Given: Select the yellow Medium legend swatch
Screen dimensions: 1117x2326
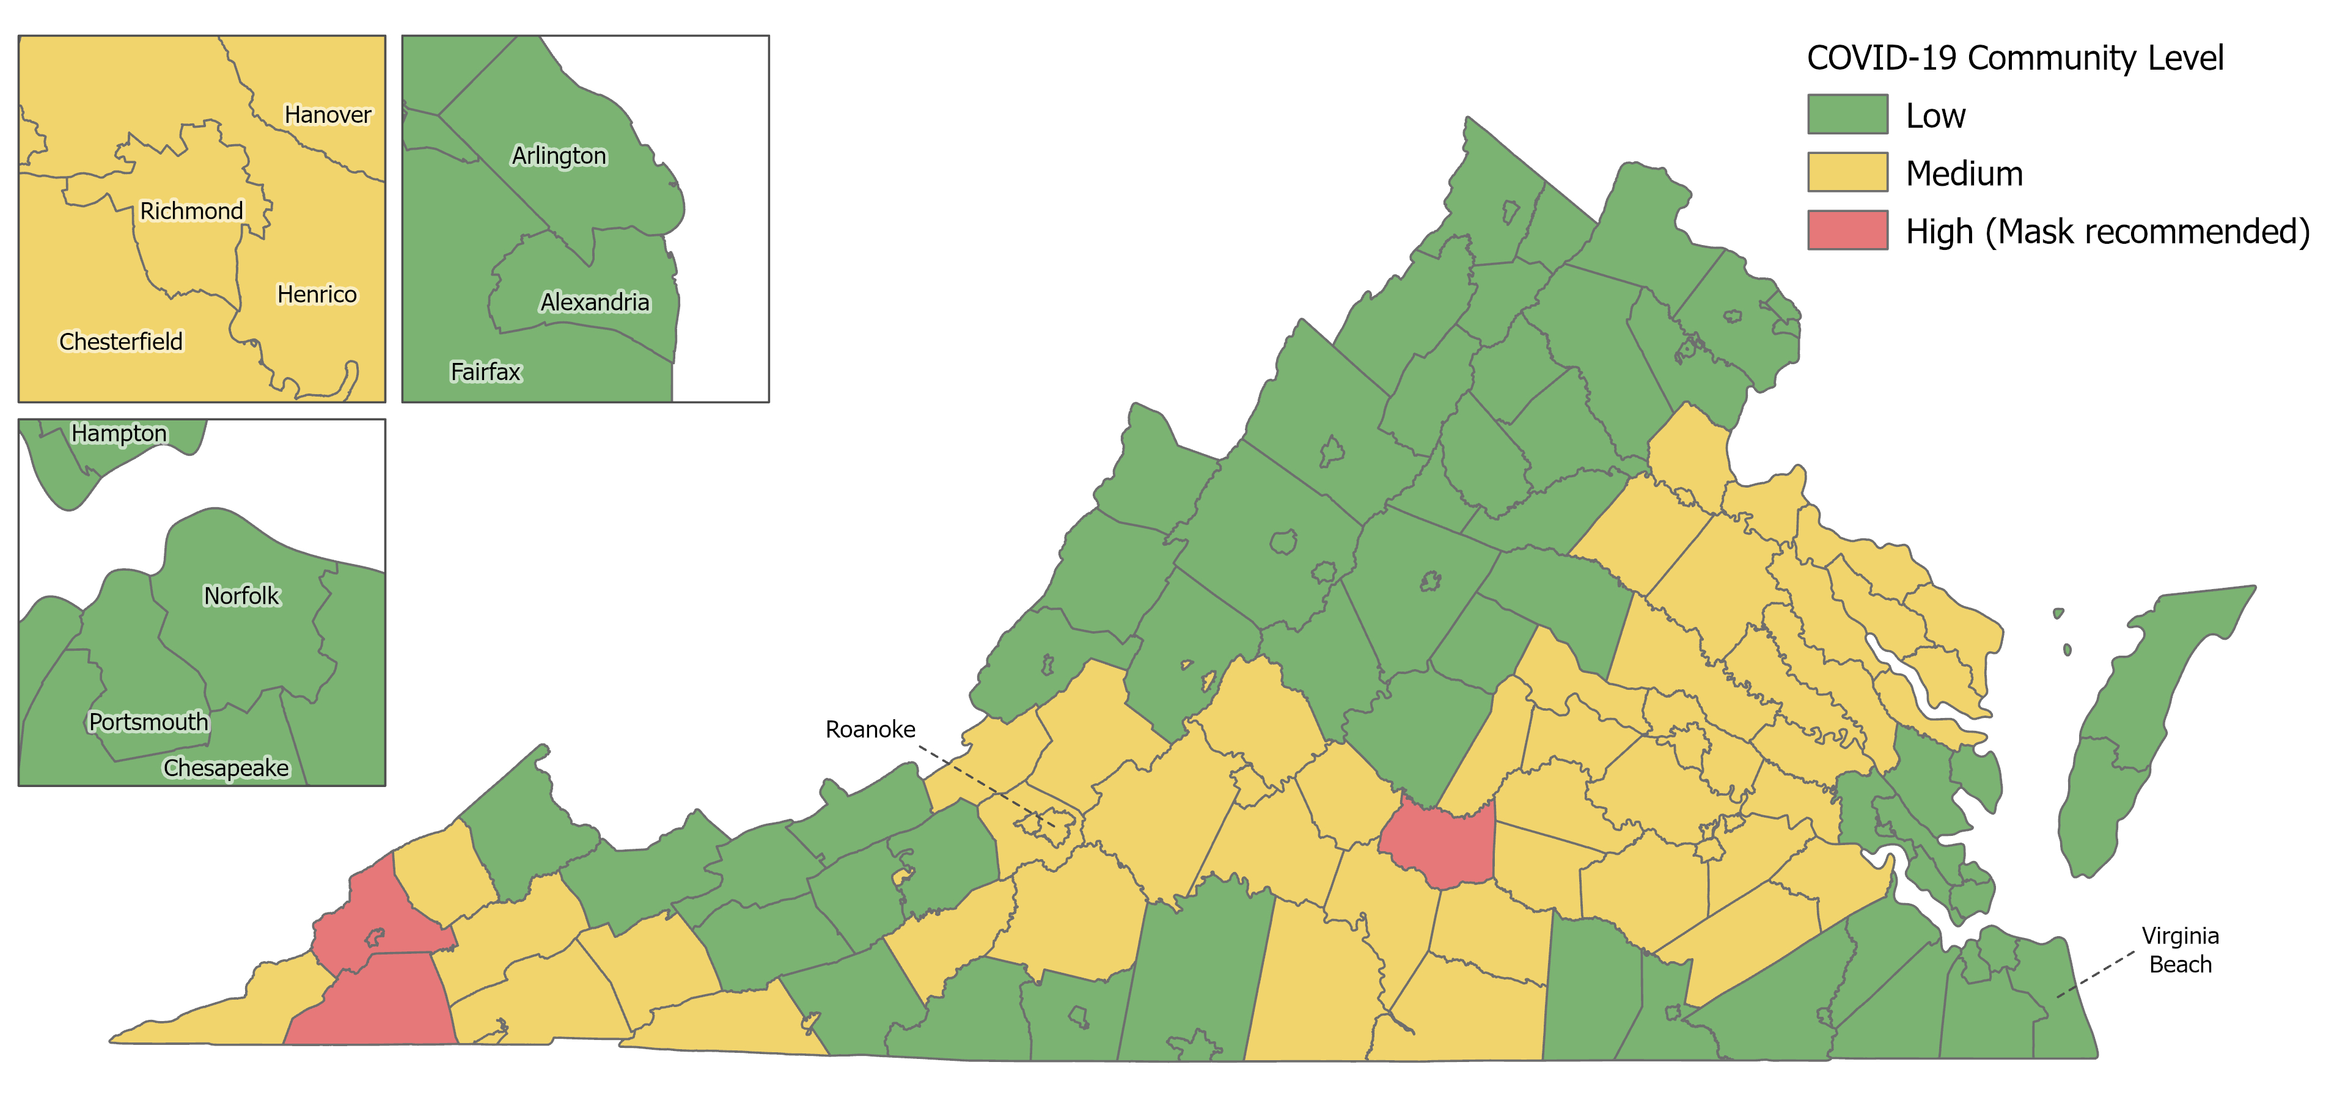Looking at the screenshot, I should pos(1846,172).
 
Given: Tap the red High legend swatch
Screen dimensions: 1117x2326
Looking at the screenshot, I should pos(1846,230).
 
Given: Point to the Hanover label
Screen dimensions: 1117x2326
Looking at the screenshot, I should pos(328,115).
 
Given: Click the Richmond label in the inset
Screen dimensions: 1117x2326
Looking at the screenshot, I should pos(191,211).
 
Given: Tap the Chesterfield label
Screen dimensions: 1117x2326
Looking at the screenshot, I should pos(121,342).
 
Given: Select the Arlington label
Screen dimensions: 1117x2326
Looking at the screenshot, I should pos(559,156).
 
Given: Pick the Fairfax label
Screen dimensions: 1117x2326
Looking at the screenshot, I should pos(486,372).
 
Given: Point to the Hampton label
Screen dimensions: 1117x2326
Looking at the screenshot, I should pos(119,433).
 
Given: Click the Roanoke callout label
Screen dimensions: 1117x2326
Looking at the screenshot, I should pos(870,730).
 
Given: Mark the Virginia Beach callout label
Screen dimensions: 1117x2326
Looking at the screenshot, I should pos(2180,950).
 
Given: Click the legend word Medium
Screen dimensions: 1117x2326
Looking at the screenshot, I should pos(1964,174).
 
